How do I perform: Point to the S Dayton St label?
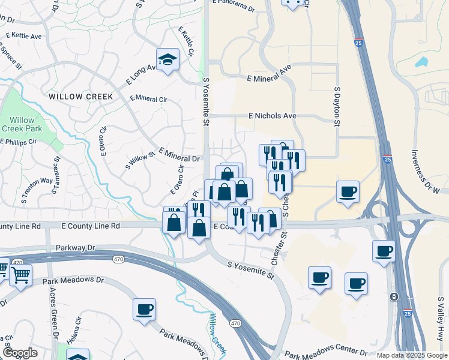(337, 106)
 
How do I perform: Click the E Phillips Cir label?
(19, 142)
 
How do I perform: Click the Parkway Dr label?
(76, 247)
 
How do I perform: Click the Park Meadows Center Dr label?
(325, 352)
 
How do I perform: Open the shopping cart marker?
(20, 275)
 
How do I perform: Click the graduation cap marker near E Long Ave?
(167, 59)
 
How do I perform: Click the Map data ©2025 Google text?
(412, 355)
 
